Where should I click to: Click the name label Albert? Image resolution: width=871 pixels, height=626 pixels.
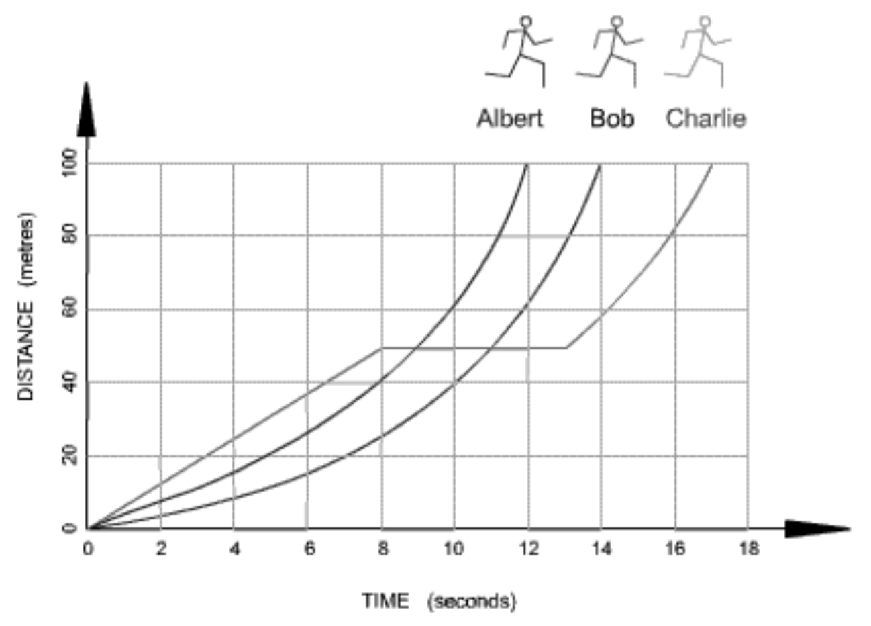coord(510,119)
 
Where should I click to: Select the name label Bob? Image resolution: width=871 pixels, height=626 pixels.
coord(611,119)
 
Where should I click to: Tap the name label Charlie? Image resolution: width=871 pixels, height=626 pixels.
coord(705,119)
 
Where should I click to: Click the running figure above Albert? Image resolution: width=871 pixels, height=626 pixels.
coord(521,52)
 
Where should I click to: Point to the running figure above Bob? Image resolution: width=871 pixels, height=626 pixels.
coord(609,52)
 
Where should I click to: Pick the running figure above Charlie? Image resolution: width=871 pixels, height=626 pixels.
coord(699,52)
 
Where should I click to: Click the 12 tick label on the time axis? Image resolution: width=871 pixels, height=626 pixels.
coord(528,549)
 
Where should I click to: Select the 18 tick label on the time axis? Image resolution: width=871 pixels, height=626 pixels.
coord(748,549)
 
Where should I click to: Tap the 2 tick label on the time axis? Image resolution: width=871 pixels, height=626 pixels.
coord(161,549)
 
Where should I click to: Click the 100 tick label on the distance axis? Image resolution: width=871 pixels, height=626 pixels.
coord(69,163)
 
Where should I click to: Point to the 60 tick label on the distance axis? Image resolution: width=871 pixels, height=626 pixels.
coord(69,310)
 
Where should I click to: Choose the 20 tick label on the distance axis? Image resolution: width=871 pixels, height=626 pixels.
coord(69,456)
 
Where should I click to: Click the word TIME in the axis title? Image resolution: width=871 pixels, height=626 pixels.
coord(385,600)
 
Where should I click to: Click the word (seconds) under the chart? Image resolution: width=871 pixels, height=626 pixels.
coord(472,600)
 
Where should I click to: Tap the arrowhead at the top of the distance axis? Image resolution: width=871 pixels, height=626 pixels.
coord(87,111)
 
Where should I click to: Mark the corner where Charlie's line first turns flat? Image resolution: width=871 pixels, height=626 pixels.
coord(382,348)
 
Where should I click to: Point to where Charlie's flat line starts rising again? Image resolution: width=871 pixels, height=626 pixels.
coord(566,348)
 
